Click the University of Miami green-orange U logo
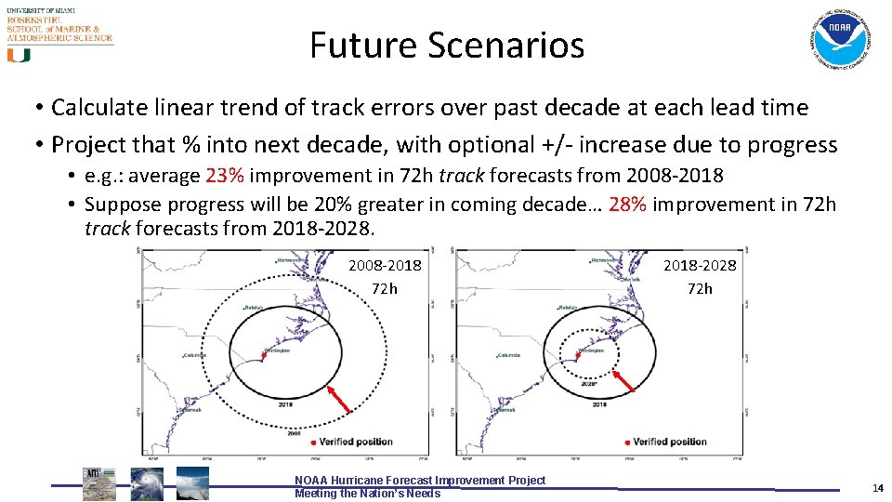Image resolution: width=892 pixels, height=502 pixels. pos(19,55)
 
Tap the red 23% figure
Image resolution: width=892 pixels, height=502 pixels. pos(224,176)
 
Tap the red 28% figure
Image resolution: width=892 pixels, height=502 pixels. pos(628,204)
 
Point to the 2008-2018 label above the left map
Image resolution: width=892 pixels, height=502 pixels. pos(385,266)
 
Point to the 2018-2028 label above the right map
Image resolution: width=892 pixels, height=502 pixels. pos(700,266)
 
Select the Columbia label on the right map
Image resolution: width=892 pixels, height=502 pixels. pos(510,354)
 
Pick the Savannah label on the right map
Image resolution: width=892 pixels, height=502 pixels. pos(505,409)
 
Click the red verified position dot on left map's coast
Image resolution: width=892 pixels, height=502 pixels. pos(265,354)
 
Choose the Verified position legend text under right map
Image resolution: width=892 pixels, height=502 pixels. pos(669,442)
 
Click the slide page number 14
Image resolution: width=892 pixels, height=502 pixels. pos(877,488)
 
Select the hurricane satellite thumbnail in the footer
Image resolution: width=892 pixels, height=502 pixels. pos(146,483)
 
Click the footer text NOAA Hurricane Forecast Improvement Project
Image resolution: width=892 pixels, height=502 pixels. pos(420,480)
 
